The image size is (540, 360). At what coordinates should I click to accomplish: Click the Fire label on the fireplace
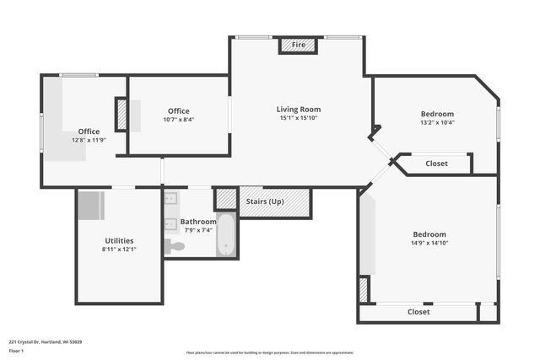(299, 45)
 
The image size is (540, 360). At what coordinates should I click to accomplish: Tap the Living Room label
(299, 109)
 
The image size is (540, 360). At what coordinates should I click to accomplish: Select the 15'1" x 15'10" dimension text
(299, 118)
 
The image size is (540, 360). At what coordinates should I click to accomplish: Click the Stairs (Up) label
(264, 201)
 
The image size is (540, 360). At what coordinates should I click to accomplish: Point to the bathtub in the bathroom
(226, 235)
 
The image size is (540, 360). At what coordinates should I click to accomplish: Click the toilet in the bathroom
(174, 246)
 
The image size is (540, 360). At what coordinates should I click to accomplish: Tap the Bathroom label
(198, 222)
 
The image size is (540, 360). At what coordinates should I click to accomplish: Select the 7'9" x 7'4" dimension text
(198, 230)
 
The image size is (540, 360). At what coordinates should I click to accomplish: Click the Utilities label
(119, 240)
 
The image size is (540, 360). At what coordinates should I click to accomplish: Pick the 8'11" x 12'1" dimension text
(119, 250)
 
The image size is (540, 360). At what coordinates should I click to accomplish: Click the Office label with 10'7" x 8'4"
(178, 110)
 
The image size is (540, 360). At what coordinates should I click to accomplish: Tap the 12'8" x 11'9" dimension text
(89, 140)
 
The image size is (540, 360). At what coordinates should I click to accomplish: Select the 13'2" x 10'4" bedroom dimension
(437, 123)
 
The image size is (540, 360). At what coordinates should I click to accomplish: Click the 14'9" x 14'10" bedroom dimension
(429, 244)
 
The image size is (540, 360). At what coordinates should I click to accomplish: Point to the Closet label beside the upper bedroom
(436, 164)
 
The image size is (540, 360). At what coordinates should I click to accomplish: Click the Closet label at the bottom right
(418, 312)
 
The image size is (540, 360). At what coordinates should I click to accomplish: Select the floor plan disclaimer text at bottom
(269, 352)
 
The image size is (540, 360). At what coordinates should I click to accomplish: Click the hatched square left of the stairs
(226, 199)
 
